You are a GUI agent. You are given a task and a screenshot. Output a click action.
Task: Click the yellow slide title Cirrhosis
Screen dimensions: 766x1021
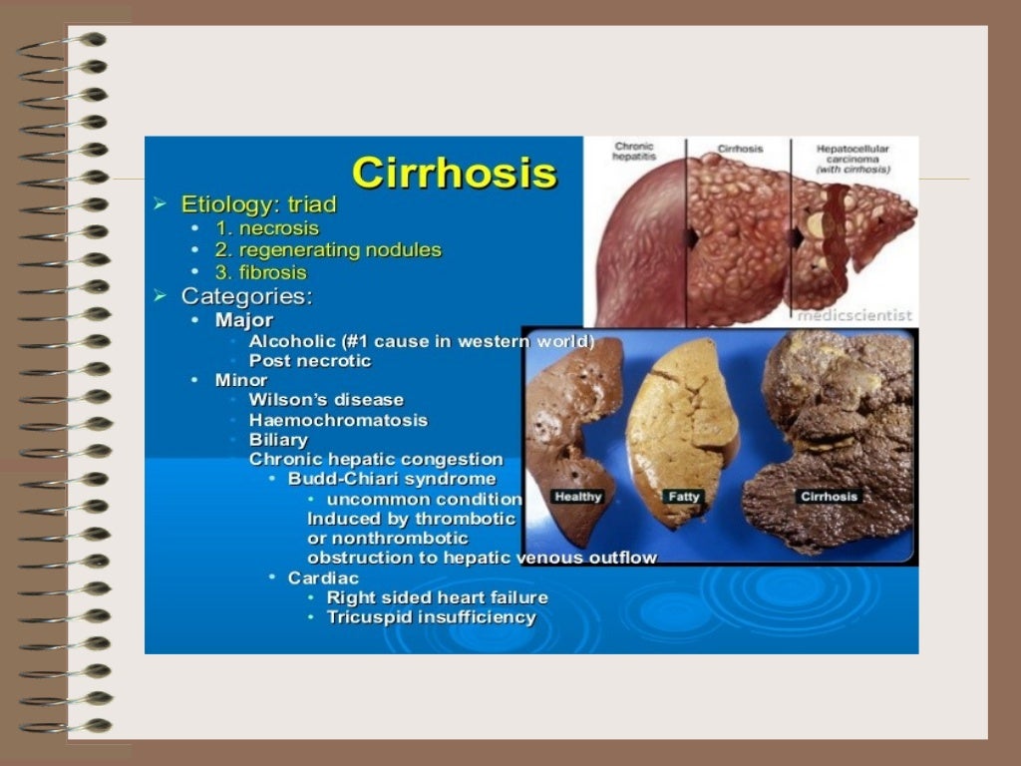click(454, 173)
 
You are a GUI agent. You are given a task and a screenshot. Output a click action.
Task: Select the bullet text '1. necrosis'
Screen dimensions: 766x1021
click(267, 228)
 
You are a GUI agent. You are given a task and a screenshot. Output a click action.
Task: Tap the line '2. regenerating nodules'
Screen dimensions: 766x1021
click(328, 250)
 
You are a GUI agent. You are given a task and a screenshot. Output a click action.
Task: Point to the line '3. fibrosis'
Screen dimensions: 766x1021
click(261, 272)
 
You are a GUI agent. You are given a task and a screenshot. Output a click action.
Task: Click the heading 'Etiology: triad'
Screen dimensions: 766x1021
click(258, 204)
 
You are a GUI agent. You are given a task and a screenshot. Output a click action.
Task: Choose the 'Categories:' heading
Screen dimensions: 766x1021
click(246, 296)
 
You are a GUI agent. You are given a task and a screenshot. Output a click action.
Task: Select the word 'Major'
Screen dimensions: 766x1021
click(243, 320)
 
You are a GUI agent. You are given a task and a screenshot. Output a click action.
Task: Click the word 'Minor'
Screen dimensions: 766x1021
click(241, 380)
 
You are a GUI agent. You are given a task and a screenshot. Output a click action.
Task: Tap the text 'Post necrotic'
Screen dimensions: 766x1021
click(309, 360)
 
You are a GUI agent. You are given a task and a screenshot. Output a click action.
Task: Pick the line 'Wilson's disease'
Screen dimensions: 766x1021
click(326, 400)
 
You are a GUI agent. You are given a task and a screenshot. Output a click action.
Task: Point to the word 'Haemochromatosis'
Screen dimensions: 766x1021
click(338, 420)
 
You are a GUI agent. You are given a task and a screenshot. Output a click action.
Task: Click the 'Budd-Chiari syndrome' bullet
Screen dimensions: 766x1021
click(391, 479)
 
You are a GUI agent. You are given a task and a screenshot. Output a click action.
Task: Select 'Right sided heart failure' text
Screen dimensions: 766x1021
click(437, 597)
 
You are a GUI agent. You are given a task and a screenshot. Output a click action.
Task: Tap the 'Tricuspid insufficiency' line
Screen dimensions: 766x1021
click(431, 617)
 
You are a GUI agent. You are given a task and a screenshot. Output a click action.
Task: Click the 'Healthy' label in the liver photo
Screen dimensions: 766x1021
click(577, 497)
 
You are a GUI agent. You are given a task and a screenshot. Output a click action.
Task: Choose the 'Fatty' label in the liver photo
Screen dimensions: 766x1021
click(683, 497)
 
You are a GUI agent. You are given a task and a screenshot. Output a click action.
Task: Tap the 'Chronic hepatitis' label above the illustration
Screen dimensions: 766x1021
click(634, 153)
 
